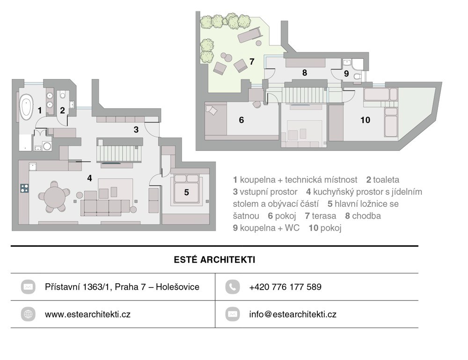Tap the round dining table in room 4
(54, 197)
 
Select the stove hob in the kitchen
(24, 188)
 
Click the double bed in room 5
(186, 189)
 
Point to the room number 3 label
(136, 130)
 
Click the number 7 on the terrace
(252, 61)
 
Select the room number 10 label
(366, 120)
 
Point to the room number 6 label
(241, 120)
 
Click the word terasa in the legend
(324, 216)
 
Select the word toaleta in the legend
(386, 180)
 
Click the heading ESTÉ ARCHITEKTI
(215, 260)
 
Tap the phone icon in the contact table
(233, 287)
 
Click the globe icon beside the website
(28, 314)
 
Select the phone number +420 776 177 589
(285, 287)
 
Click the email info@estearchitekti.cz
(293, 314)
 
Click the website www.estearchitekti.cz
(88, 314)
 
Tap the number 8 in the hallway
(305, 73)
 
